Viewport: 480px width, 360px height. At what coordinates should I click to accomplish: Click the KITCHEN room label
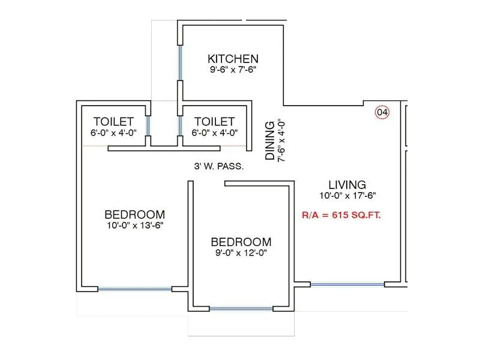[x=233, y=59]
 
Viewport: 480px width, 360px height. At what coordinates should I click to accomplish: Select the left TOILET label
[x=114, y=122]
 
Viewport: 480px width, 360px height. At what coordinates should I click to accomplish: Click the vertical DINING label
[x=271, y=140]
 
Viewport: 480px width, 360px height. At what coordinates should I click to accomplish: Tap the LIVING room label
[x=347, y=184]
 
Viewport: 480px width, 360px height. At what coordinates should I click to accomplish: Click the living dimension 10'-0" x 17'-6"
[x=347, y=195]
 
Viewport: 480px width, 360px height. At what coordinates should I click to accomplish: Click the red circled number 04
[x=382, y=112]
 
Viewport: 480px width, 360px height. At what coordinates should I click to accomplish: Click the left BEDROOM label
[x=134, y=214]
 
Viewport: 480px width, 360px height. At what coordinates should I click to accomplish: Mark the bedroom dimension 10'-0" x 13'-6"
[x=134, y=225]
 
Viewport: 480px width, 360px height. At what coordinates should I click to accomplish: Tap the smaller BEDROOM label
[x=241, y=242]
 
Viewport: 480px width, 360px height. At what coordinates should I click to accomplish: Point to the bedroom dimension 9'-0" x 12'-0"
[x=241, y=253]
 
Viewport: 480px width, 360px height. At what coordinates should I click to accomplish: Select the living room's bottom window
[x=347, y=284]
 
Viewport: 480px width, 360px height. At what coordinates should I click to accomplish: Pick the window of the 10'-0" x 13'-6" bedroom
[x=135, y=289]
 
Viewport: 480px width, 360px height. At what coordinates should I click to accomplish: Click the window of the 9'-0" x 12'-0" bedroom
[x=241, y=309]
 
